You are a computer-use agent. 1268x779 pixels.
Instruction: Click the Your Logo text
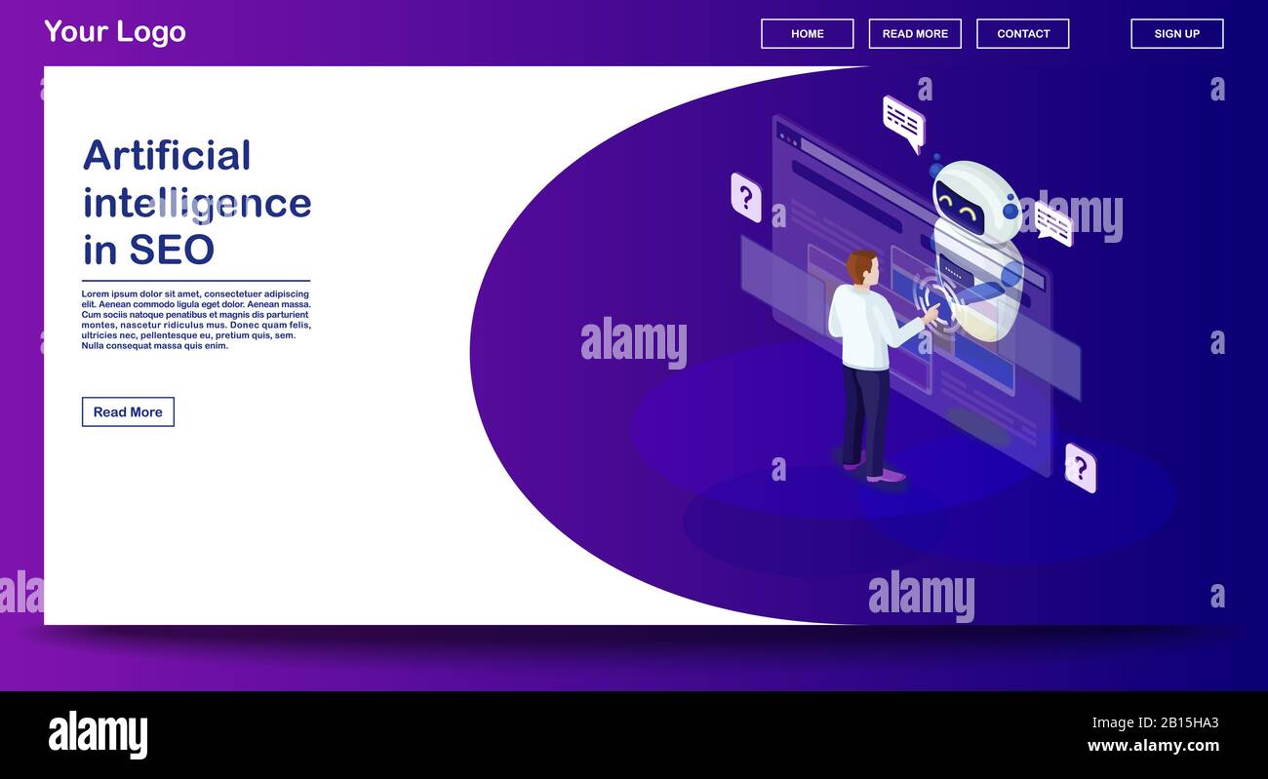pos(115,32)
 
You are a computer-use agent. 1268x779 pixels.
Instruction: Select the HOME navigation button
pos(807,34)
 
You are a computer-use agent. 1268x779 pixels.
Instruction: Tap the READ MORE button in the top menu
pos(915,34)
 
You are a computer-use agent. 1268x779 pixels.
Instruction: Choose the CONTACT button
pos(1022,34)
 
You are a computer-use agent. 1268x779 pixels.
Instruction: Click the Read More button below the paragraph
pos(128,412)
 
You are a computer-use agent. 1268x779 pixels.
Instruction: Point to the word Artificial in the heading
pos(167,156)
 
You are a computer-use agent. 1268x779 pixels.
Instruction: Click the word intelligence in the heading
pos(197,204)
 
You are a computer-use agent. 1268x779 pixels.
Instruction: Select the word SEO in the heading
pos(172,251)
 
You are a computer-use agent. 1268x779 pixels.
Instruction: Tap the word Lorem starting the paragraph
pos(95,293)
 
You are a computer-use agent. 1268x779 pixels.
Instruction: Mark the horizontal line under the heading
pos(196,281)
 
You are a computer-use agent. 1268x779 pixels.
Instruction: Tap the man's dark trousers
pos(865,414)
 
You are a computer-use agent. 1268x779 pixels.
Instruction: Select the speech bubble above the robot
pos(903,121)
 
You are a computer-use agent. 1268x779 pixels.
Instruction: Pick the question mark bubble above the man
pos(746,198)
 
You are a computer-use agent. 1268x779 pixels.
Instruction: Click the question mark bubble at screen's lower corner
pos(1080,468)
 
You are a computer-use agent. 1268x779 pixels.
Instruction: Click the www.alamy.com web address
pos(1153,746)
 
